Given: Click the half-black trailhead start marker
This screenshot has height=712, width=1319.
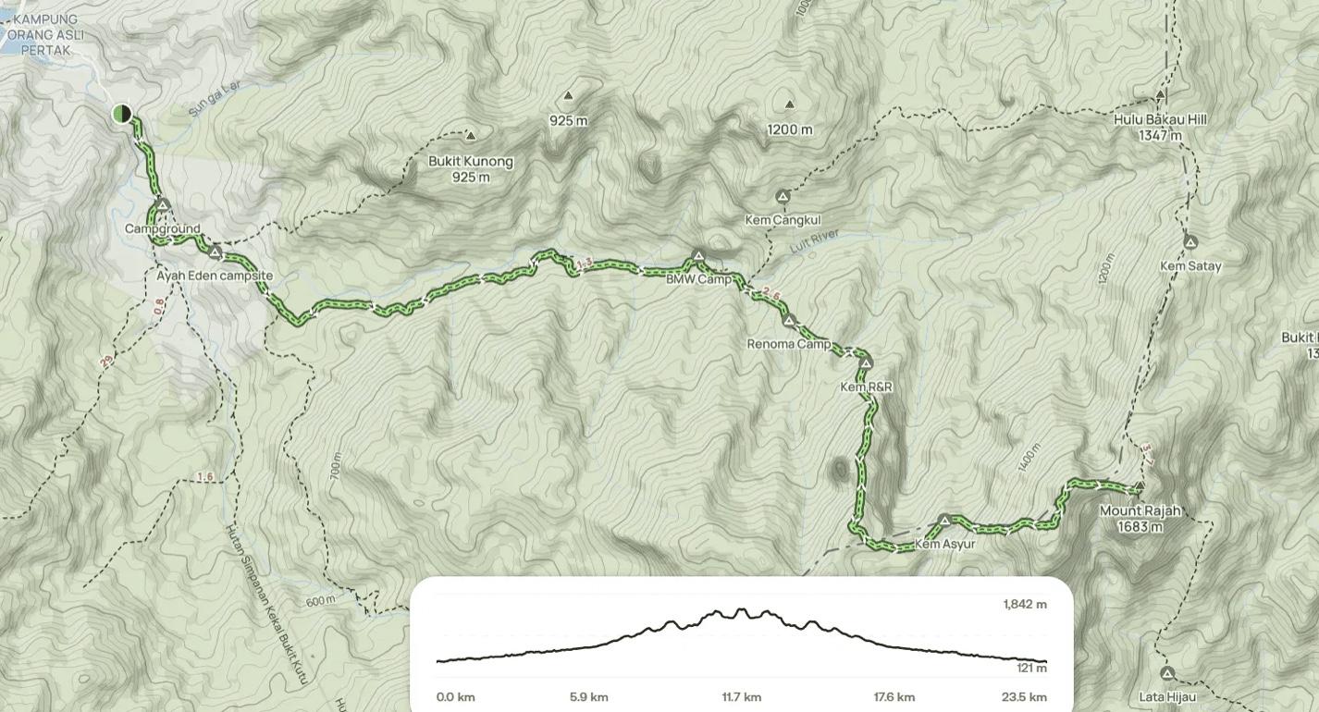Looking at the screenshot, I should pos(122,114).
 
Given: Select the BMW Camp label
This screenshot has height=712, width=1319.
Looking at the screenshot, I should pos(699,278).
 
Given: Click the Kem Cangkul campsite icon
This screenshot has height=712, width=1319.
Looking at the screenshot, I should pos(783,197).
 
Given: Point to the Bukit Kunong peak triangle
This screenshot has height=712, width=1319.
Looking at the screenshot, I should pos(471,136).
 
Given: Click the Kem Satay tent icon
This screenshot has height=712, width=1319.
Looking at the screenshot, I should pos(1190,242).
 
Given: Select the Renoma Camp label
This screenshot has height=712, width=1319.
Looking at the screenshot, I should pos(789,344).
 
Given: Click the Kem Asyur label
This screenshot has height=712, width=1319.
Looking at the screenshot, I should pos(945,544).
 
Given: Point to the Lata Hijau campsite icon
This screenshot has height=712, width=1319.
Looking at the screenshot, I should pos(1167,674).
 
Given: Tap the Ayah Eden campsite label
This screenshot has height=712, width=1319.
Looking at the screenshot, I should pos(215,276).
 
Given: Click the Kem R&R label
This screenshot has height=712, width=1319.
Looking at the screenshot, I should pos(866,387).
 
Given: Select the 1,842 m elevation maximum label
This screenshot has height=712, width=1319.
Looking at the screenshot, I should pos(1025,605).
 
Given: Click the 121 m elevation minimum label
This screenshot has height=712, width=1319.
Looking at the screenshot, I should pos(1031,668).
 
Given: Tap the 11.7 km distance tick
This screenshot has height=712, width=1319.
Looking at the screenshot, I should pos(742,697).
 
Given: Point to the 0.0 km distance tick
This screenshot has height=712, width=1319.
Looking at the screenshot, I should pos(456,697).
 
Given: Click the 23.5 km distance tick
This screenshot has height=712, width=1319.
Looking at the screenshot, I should pos(1025,697).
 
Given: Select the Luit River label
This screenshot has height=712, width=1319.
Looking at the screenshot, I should pos(814,241).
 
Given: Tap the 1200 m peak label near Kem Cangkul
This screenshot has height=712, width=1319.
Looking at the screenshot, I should pos(790,129).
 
